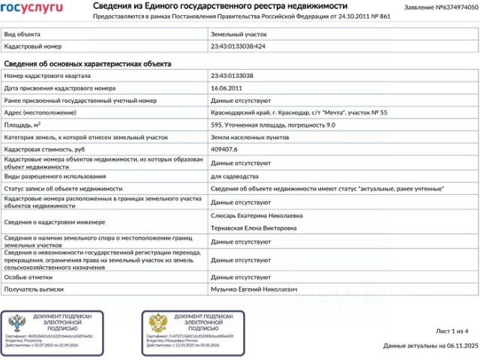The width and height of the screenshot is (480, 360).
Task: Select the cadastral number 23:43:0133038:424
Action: [x=238, y=46]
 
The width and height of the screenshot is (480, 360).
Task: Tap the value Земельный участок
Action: [x=238, y=34]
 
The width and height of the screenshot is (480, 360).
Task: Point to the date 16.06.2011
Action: [x=227, y=88]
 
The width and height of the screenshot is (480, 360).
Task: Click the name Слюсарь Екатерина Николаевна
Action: [x=257, y=215]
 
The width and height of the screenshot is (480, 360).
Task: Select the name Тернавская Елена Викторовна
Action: [x=256, y=228]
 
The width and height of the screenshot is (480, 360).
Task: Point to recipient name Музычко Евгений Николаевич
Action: [x=253, y=289]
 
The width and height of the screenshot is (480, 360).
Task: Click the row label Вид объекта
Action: [x=22, y=34]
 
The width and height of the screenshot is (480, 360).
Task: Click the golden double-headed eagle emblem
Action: [x=158, y=323]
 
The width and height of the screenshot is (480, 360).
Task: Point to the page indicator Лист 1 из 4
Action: [x=451, y=331]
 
